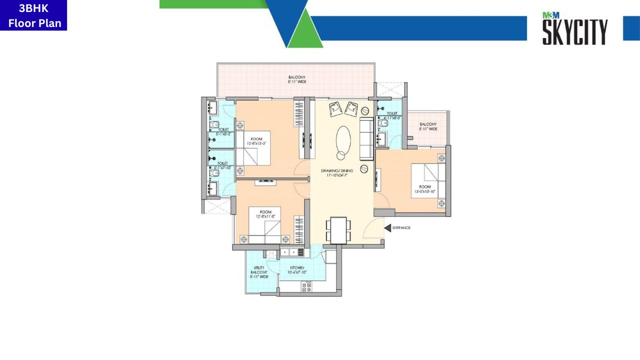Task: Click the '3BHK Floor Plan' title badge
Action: [x=33, y=15]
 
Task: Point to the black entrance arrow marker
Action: [x=387, y=228]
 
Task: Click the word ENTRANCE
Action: [x=401, y=228]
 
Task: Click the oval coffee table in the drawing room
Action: [x=343, y=142]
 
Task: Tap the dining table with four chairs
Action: [x=338, y=230]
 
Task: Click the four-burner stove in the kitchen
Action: [x=306, y=287]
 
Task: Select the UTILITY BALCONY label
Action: [x=259, y=272]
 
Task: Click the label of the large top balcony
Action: [x=296, y=79]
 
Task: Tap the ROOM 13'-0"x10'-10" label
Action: [x=425, y=189]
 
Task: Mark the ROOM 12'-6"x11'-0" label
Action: [x=265, y=214]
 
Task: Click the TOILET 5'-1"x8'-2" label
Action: [x=223, y=131]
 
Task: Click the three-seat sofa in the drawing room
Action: [x=366, y=139]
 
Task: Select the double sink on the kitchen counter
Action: [x=291, y=252]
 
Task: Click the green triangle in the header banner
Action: [x=304, y=32]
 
